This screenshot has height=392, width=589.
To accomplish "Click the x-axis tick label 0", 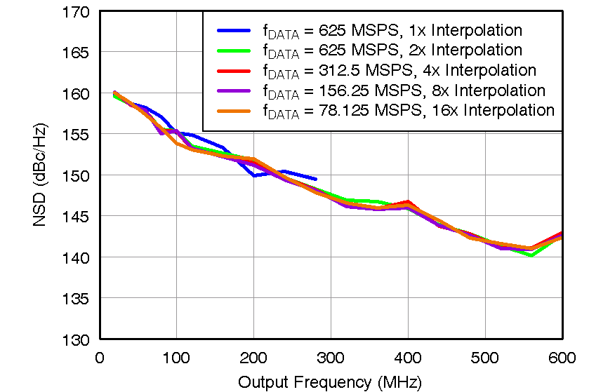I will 100,358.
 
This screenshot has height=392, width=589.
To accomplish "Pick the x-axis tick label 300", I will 331,358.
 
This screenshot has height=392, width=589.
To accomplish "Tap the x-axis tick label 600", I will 562,358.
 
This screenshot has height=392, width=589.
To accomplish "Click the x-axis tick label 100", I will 176,358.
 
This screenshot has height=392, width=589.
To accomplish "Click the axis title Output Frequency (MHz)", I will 330,381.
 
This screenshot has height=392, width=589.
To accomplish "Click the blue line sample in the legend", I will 233,30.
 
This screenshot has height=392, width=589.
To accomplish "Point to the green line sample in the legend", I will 233,50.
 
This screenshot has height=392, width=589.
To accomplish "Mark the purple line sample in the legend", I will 233,90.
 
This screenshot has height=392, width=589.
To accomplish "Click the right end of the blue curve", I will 315,179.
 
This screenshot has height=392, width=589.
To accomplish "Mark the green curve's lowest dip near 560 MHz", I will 531,255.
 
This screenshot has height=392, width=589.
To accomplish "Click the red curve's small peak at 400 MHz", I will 408,202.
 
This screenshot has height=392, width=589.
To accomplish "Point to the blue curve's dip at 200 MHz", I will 254,175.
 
